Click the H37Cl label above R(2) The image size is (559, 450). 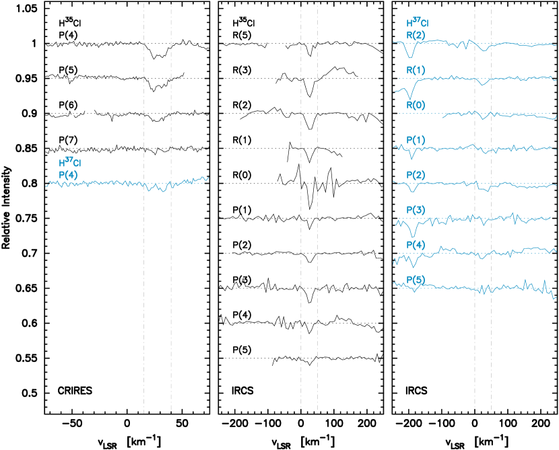pos(417,23)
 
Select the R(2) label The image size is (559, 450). pos(415,35)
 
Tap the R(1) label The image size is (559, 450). pos(415,70)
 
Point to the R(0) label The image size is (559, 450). pos(415,106)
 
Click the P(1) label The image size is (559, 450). pos(415,140)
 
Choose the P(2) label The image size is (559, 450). pos(415,176)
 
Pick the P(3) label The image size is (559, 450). pos(415,211)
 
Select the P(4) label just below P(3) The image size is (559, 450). pos(415,245)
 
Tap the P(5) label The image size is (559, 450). pos(415,280)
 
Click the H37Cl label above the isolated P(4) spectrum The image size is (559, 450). pos(69,162)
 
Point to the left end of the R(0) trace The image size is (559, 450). pos(443,116)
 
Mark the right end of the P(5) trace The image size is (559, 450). pos(555,298)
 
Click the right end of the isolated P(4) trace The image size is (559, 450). pos(208,178)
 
